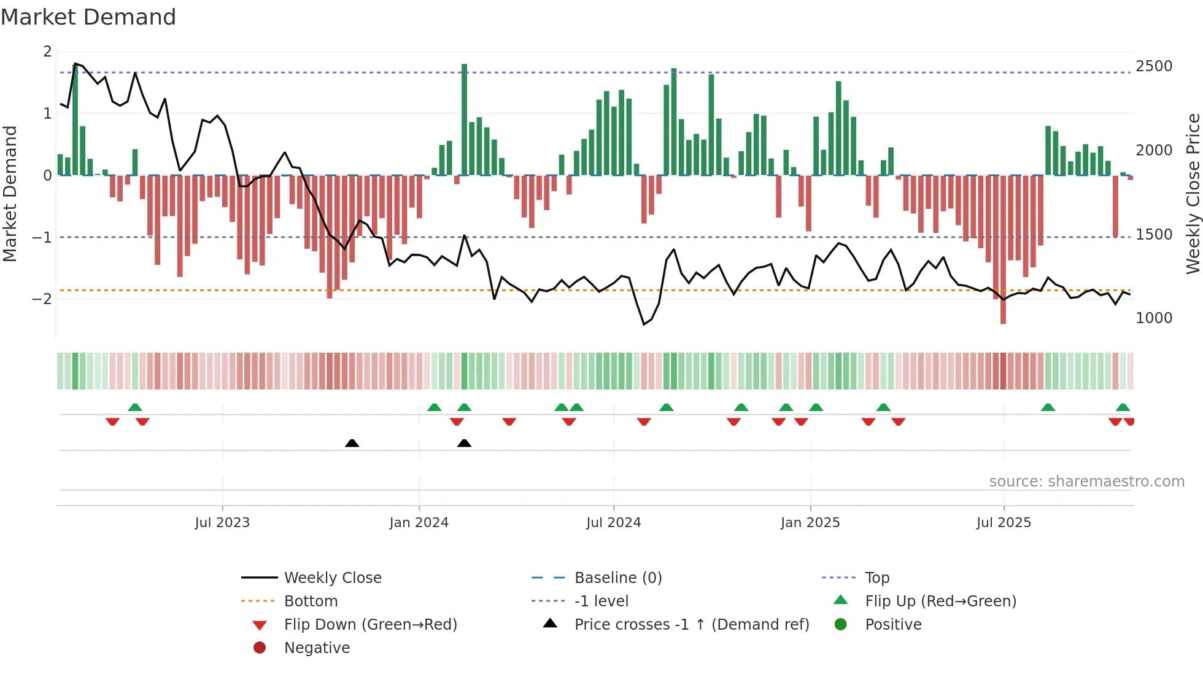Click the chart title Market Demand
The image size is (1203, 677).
tap(88, 17)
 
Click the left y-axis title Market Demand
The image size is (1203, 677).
tap(10, 194)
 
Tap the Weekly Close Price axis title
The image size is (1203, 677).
tap(1193, 194)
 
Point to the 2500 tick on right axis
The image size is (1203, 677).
tap(1153, 66)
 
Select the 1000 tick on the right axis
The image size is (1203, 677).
tap(1153, 318)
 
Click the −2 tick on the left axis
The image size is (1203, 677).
tap(42, 299)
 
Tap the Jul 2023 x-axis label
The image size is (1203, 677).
tap(222, 523)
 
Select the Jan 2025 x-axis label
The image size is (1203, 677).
tap(810, 523)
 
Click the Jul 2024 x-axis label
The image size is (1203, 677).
tap(613, 523)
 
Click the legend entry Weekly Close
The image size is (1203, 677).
tap(332, 578)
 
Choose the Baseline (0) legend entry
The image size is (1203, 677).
tap(617, 578)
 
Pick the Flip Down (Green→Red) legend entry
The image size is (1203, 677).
tap(370, 625)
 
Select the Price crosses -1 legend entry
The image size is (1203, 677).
tap(691, 625)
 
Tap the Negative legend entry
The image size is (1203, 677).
tap(317, 648)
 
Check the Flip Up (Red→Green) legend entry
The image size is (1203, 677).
tap(940, 601)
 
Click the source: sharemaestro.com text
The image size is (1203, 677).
tap(1086, 482)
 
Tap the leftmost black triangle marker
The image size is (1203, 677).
tap(352, 443)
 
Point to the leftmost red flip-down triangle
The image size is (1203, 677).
tap(112, 421)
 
